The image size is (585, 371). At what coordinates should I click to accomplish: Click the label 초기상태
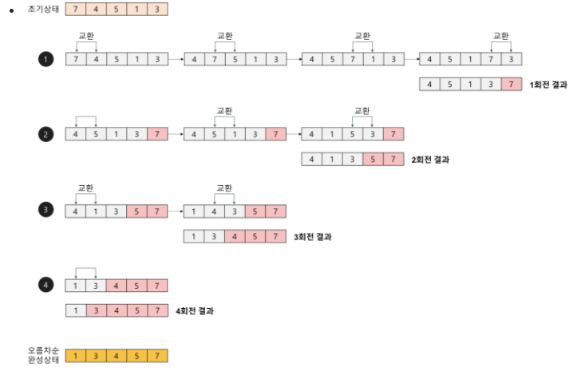tap(43, 10)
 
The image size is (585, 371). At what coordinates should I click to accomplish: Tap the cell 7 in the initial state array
tap(75, 10)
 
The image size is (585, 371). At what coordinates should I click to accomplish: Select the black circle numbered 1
tap(45, 59)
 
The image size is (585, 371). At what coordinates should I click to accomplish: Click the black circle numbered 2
tap(45, 134)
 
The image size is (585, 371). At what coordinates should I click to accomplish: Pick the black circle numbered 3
tap(45, 211)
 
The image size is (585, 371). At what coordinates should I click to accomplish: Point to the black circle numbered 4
tap(45, 286)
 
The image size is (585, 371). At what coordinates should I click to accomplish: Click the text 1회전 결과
tap(548, 85)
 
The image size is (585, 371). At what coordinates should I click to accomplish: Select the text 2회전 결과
tap(430, 160)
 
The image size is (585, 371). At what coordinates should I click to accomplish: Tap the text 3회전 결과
tap(312, 236)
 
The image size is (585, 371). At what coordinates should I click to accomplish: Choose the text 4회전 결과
tap(194, 311)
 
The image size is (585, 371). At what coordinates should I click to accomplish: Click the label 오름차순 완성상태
tap(43, 355)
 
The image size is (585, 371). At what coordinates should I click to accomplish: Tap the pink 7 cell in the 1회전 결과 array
tap(512, 85)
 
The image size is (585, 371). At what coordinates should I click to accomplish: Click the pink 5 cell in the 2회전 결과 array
tap(373, 160)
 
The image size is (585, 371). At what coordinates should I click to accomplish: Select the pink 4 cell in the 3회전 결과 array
tap(234, 236)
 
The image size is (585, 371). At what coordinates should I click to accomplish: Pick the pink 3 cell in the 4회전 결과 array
tap(96, 311)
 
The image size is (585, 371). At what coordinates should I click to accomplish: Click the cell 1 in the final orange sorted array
tap(75, 356)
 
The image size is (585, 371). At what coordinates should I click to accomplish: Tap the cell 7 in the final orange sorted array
tap(157, 356)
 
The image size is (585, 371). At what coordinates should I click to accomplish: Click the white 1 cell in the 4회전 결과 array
tap(75, 311)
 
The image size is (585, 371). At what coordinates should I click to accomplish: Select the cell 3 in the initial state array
tap(157, 10)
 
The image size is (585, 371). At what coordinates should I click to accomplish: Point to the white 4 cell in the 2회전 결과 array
tap(311, 160)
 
